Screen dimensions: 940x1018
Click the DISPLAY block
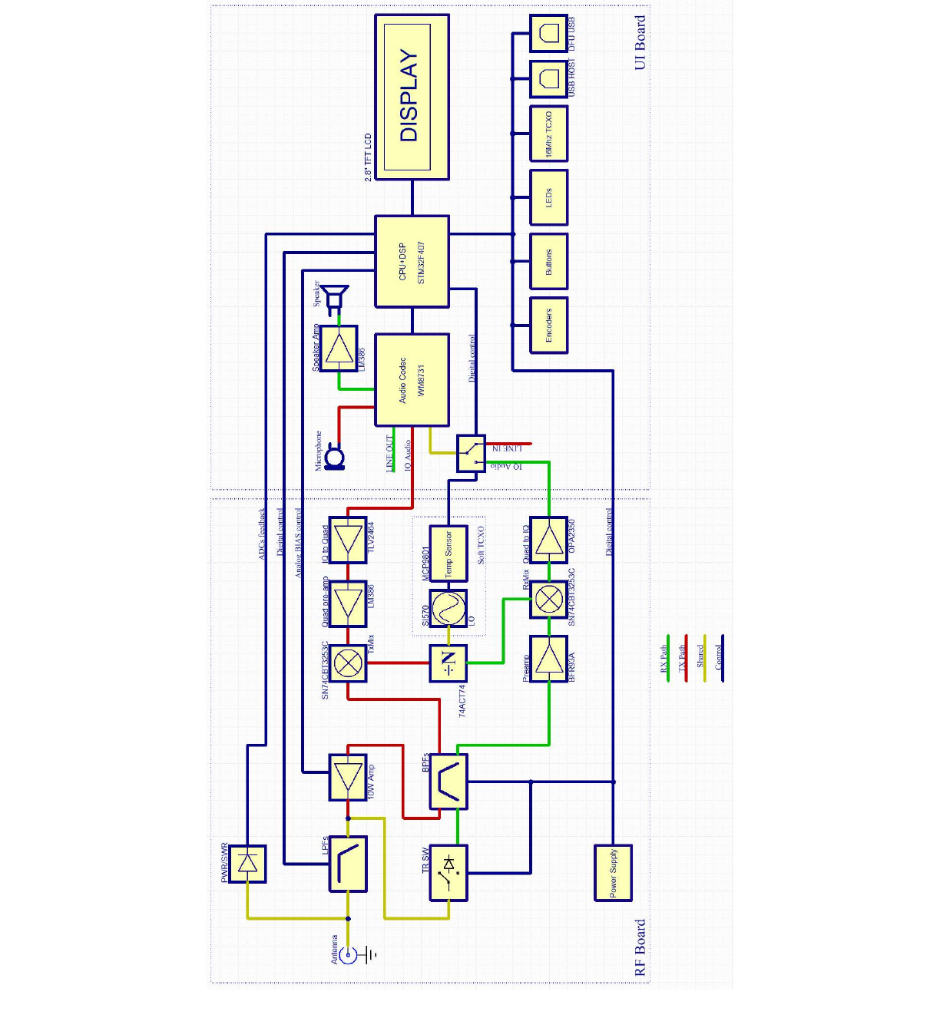coord(412,97)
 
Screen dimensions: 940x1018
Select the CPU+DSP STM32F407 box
coord(412,262)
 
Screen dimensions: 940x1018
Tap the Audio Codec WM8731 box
coord(412,379)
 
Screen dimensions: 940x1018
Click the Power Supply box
coord(613,872)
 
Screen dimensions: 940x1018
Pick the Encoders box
coord(548,326)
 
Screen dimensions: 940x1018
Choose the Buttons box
coord(548,261)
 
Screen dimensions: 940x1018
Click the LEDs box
coord(548,197)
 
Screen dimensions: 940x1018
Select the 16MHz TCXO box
coord(548,134)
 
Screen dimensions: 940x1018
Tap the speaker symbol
coord(335,299)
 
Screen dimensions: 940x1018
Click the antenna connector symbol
coord(349,955)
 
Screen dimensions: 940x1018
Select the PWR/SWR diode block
coord(247,864)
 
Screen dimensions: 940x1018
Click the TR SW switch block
coord(448,872)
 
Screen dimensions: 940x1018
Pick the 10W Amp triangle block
coord(348,777)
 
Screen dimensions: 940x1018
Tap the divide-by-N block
coord(448,663)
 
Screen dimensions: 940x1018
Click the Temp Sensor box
coord(448,553)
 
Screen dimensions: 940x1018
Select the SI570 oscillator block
coord(448,608)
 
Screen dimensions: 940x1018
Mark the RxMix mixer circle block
coord(548,599)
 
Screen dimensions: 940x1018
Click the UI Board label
coord(640,43)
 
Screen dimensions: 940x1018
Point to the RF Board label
coord(640,947)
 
